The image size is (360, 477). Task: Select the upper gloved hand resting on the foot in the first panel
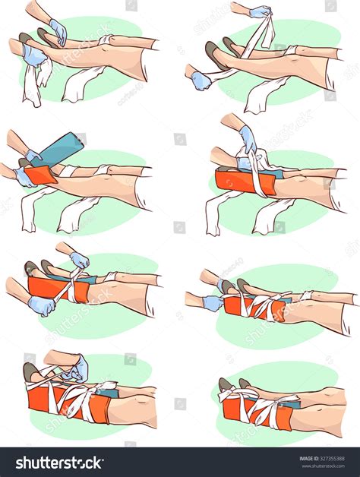(57, 31)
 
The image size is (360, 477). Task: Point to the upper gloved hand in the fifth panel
(79, 260)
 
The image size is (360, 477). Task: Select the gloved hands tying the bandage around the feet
(73, 370)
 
